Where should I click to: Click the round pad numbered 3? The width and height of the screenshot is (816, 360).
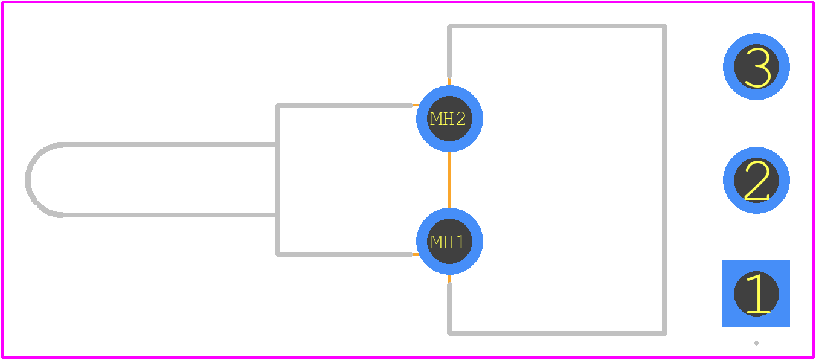point(756,66)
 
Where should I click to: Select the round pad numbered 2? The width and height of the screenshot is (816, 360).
point(756,181)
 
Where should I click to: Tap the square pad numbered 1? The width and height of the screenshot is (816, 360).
point(756,294)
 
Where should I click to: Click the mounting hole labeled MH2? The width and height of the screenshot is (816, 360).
point(449,119)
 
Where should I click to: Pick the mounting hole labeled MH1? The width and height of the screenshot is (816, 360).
point(449,241)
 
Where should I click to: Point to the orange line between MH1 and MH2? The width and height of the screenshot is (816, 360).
point(449,180)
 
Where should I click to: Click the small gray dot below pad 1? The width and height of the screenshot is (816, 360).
point(756,343)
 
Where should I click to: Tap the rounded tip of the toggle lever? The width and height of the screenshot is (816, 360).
point(28,180)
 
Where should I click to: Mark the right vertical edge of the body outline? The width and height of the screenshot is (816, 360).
point(664,179)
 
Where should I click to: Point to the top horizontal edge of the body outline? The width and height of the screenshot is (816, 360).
point(557,26)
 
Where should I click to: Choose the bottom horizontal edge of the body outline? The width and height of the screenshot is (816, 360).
point(557,333)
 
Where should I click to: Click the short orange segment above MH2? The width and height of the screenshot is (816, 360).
point(449,82)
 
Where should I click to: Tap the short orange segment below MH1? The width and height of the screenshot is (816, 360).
point(449,279)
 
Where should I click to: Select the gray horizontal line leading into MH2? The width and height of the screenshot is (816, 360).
point(344,105)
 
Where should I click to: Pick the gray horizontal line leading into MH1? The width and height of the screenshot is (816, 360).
point(344,254)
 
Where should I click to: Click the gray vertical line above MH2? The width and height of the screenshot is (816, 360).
point(449,51)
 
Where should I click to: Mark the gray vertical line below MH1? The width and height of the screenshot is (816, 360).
point(449,309)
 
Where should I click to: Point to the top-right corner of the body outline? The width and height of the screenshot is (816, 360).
point(665,26)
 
